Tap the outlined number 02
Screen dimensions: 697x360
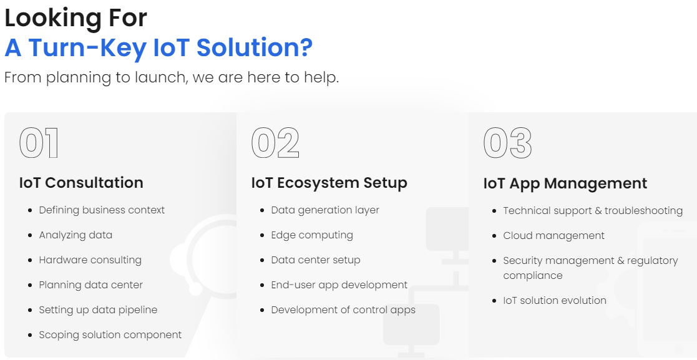275,143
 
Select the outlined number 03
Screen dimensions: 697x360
508,143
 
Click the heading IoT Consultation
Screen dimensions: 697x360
81,183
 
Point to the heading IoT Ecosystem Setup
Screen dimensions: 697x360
329,183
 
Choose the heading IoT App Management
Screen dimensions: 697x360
565,183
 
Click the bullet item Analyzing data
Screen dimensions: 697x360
76,235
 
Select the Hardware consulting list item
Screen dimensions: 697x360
90,260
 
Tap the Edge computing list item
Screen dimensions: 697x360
312,235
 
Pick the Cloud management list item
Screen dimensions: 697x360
554,236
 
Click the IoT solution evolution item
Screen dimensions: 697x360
555,301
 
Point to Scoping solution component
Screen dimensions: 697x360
110,334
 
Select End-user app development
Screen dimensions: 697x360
339,285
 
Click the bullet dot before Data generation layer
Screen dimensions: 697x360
262,210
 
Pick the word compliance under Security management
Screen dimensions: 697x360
533,276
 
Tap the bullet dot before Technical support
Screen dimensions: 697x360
494,211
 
